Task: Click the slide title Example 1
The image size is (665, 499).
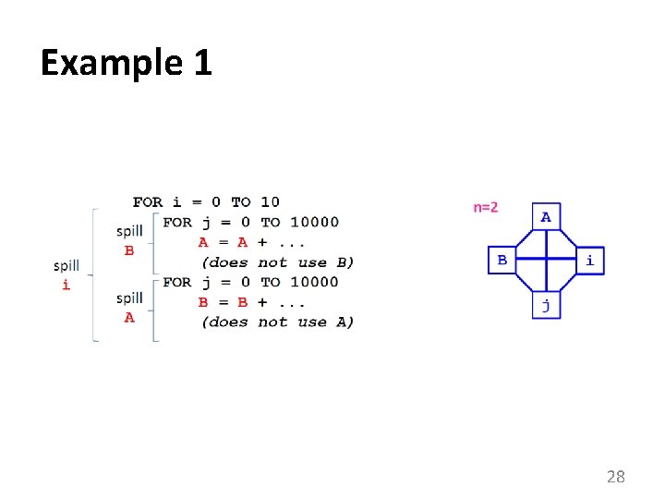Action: (x=127, y=63)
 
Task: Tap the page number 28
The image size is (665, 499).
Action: (x=615, y=477)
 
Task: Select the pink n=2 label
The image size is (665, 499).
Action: (x=486, y=207)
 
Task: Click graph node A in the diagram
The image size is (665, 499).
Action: (x=546, y=217)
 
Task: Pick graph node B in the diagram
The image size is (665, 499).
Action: (x=502, y=261)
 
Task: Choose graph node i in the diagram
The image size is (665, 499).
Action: (x=590, y=261)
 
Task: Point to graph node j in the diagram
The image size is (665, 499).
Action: (x=546, y=306)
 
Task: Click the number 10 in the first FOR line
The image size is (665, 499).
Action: (x=270, y=201)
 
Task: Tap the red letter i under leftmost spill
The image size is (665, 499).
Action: (x=66, y=285)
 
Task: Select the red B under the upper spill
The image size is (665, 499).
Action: (x=129, y=250)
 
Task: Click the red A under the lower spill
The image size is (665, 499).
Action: (x=129, y=317)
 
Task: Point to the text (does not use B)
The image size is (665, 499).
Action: (x=277, y=262)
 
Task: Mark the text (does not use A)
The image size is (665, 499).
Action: (x=277, y=322)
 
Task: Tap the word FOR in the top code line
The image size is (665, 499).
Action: (x=148, y=201)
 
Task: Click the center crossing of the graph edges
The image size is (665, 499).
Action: (x=546, y=261)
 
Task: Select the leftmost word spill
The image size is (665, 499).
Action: (x=66, y=266)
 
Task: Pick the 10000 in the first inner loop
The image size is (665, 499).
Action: (x=314, y=222)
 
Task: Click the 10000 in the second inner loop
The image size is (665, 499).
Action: (x=314, y=282)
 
